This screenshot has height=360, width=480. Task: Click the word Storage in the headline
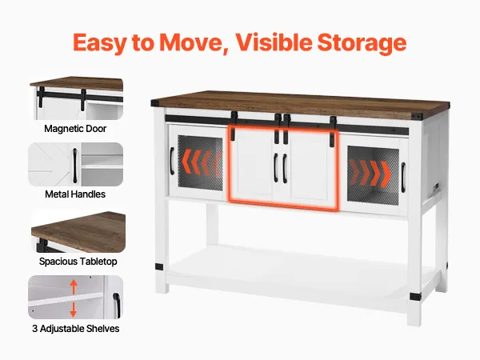click(x=362, y=43)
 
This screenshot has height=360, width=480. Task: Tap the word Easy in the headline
click(x=99, y=43)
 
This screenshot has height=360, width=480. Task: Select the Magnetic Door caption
click(x=75, y=129)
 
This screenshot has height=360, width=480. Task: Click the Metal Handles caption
click(x=75, y=194)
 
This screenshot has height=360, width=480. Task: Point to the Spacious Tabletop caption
click(x=78, y=262)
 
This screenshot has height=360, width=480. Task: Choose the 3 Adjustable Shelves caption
click(x=76, y=329)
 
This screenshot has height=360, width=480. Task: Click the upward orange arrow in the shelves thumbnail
click(x=74, y=287)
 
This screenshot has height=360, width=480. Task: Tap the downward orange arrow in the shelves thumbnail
click(x=73, y=310)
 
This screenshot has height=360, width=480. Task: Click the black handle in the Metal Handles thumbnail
click(x=74, y=166)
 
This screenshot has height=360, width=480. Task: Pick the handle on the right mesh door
click(x=403, y=178)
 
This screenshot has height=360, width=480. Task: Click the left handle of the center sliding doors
click(x=276, y=167)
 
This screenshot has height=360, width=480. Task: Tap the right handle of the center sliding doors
click(x=285, y=168)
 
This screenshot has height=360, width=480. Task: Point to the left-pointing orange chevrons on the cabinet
click(x=202, y=162)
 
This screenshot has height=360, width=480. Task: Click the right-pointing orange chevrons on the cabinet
click(x=370, y=173)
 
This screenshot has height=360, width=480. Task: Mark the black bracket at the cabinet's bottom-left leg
click(x=159, y=267)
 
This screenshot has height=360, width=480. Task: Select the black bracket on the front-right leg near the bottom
click(x=415, y=296)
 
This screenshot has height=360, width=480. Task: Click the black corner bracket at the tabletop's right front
click(x=417, y=117)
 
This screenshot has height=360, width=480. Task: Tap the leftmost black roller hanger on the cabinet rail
click(x=234, y=126)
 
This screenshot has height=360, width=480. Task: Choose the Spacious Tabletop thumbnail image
click(x=78, y=232)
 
